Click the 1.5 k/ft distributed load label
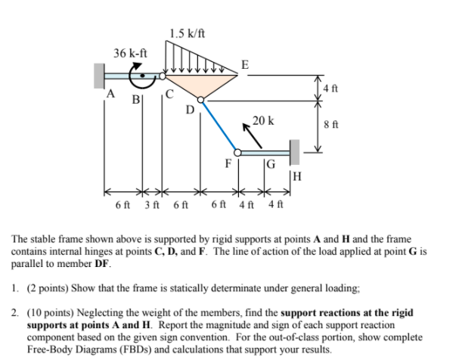click(188, 33)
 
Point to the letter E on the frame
click(245, 64)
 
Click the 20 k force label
click(263, 121)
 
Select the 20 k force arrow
click(254, 137)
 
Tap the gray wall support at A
click(100, 76)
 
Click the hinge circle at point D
click(200, 99)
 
